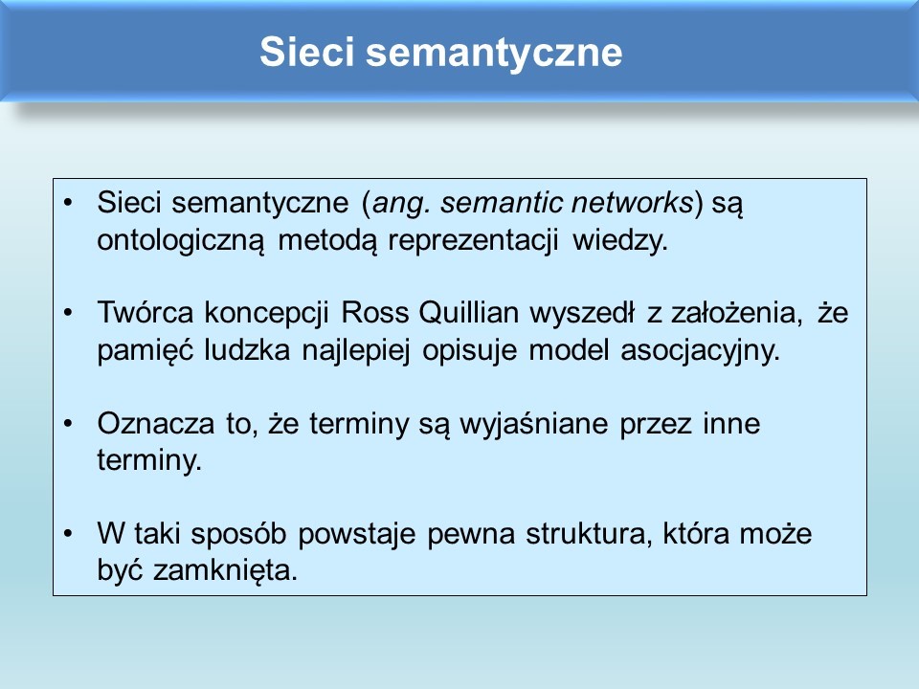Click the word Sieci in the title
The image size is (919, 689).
point(307,52)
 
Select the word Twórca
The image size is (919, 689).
point(146,312)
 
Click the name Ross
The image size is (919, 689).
point(374,312)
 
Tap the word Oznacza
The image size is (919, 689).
point(156,423)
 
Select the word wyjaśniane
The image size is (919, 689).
point(534,424)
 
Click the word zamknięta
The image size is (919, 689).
point(226,570)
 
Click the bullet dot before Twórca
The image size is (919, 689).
point(69,312)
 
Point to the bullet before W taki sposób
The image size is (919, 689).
point(69,533)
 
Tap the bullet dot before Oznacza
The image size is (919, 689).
point(69,423)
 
